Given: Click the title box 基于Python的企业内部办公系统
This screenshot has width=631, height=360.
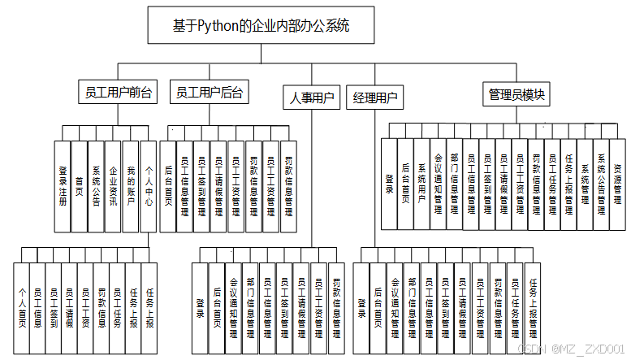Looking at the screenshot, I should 261,24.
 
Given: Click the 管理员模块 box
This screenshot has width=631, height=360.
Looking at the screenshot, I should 516,94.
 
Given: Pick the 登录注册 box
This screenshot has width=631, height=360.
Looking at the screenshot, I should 62,185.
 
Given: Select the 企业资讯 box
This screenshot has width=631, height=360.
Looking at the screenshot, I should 113,185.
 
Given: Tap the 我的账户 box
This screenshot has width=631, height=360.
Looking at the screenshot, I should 130,185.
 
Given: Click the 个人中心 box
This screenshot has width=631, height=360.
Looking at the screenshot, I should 148,185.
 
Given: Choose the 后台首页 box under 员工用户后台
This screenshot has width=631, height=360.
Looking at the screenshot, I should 168,185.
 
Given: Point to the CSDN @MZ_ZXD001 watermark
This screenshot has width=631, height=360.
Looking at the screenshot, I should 573,348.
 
